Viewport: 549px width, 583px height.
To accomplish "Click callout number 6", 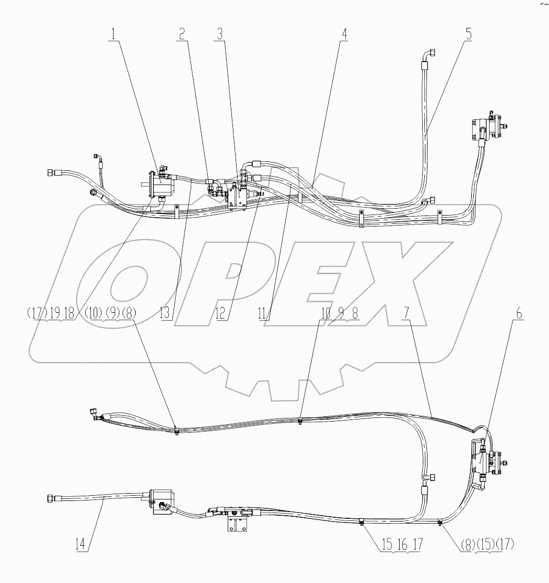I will point(518,314).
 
